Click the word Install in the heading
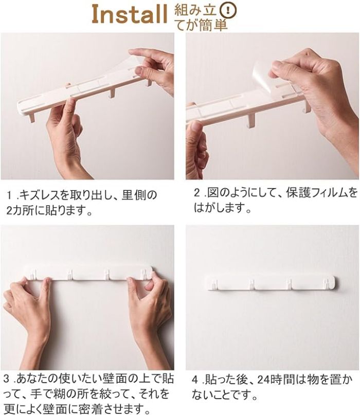click(x=130, y=15)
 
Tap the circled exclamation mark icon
click(x=228, y=10)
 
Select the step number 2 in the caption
click(x=197, y=193)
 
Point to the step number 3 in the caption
click(x=7, y=379)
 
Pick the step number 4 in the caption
click(x=195, y=380)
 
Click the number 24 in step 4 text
click(x=265, y=380)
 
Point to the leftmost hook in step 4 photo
click(x=215, y=284)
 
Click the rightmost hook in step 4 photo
click(x=326, y=284)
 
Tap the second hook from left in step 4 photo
click(x=251, y=284)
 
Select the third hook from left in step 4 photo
click(x=289, y=284)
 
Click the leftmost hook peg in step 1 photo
click(x=32, y=117)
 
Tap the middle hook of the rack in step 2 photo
click(x=250, y=120)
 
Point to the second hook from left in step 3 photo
click(x=70, y=274)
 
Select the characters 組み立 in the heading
click(x=196, y=11)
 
